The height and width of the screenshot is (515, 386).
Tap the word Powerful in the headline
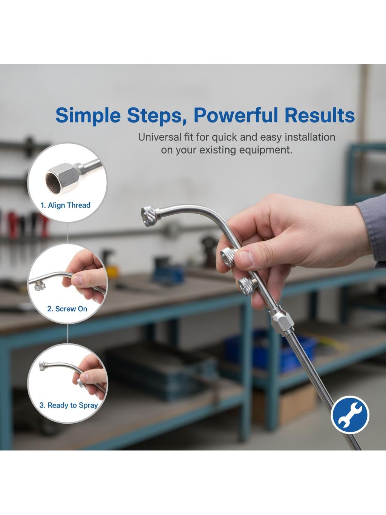(x=236, y=115)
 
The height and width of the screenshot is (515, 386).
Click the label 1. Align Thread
(x=66, y=205)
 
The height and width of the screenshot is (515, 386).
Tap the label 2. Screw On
(x=67, y=309)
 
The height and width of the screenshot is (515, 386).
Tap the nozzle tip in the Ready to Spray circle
(x=43, y=366)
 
